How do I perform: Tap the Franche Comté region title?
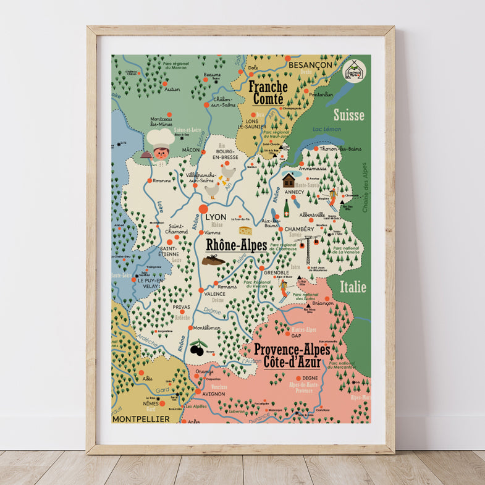(267, 93)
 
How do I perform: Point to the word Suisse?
(349, 115)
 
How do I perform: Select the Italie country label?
(353, 287)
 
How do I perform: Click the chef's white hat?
(160, 137)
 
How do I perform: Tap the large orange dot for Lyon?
(203, 209)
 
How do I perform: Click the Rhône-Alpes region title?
(236, 246)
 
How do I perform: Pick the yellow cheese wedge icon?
(245, 230)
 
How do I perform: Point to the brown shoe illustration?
(213, 260)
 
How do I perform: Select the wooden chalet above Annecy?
(289, 179)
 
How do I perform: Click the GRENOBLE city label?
(276, 272)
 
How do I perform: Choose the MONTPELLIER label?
(141, 419)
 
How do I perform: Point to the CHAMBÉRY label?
(300, 229)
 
